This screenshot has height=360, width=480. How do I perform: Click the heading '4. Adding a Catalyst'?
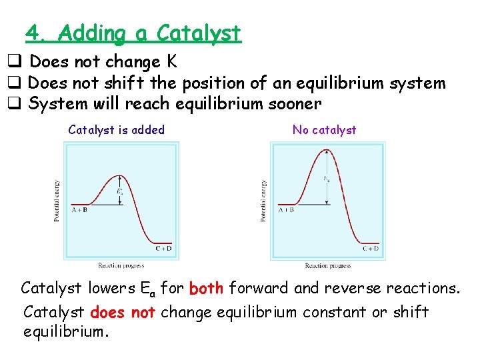pyautogui.click(x=133, y=33)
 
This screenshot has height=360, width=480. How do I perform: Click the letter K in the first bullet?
pyautogui.click(x=171, y=62)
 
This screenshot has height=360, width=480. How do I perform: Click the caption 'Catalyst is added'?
pyautogui.click(x=116, y=130)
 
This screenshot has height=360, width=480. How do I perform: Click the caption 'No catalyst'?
pyautogui.click(x=324, y=130)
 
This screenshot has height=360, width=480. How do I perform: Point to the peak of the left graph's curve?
pyautogui.click(x=112, y=175)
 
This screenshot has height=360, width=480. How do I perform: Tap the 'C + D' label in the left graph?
pyautogui.click(x=163, y=249)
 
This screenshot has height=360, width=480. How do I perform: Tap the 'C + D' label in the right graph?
pyautogui.click(x=371, y=249)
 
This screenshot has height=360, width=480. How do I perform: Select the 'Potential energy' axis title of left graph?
pyautogui.click(x=57, y=201)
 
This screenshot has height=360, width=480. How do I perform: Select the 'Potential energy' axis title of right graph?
pyautogui.click(x=264, y=201)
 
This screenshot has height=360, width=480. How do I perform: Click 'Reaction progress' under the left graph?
pyautogui.click(x=121, y=265)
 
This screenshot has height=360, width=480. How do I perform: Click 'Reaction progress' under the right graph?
pyautogui.click(x=328, y=265)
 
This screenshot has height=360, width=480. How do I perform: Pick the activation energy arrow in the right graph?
pyautogui.click(x=327, y=177)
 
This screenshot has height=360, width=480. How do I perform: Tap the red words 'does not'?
pyautogui.click(x=122, y=312)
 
